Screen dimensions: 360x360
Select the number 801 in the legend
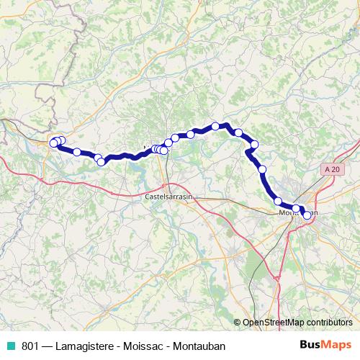click(x=30, y=346)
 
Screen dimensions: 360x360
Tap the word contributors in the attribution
click(x=330, y=323)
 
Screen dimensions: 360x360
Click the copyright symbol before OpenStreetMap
click(x=238, y=323)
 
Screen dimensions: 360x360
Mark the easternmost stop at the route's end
click(x=307, y=215)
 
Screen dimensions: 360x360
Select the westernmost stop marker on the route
click(x=53, y=143)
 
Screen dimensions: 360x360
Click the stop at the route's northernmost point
click(x=215, y=127)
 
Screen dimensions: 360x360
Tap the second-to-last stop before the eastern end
click(x=296, y=209)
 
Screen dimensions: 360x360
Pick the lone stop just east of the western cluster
click(x=76, y=152)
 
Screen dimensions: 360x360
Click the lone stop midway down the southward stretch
click(x=262, y=169)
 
